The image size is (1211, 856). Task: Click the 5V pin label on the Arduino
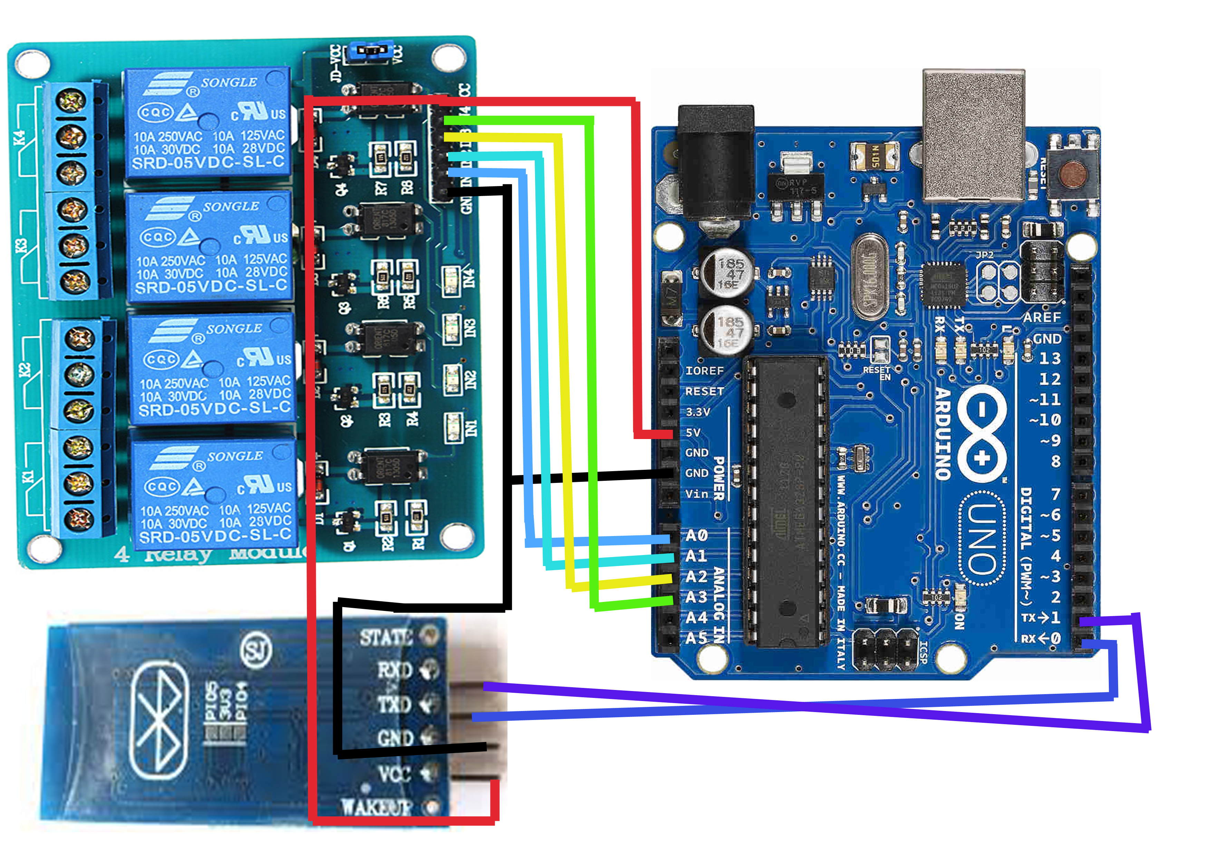693,432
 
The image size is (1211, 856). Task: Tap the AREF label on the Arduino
1042,318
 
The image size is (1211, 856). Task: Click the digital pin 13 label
1049,359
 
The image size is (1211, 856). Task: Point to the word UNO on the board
982,538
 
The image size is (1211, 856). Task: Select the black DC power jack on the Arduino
716,164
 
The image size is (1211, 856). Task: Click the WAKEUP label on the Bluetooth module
376,807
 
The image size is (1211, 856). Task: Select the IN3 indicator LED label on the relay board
469,328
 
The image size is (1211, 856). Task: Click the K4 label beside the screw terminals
20,138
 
